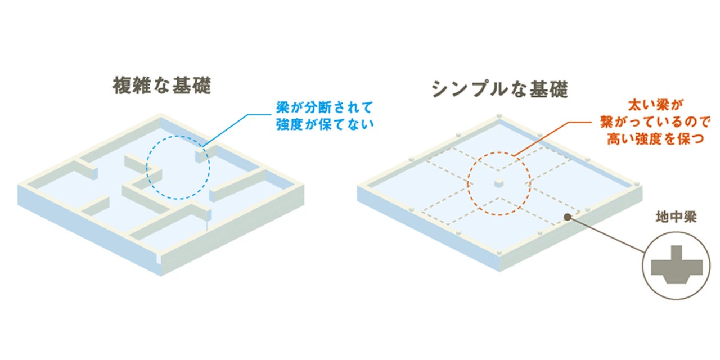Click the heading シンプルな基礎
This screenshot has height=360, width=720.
[500, 88]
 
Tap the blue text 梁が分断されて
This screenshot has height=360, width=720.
[325, 106]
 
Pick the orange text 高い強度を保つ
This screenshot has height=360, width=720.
[655, 139]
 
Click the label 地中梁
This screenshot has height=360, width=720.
[676, 217]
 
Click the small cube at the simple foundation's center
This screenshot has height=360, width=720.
[498, 183]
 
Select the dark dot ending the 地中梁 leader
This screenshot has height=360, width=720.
[568, 215]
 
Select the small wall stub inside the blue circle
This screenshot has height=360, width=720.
[202, 155]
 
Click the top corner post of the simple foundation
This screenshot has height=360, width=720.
[498, 116]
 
